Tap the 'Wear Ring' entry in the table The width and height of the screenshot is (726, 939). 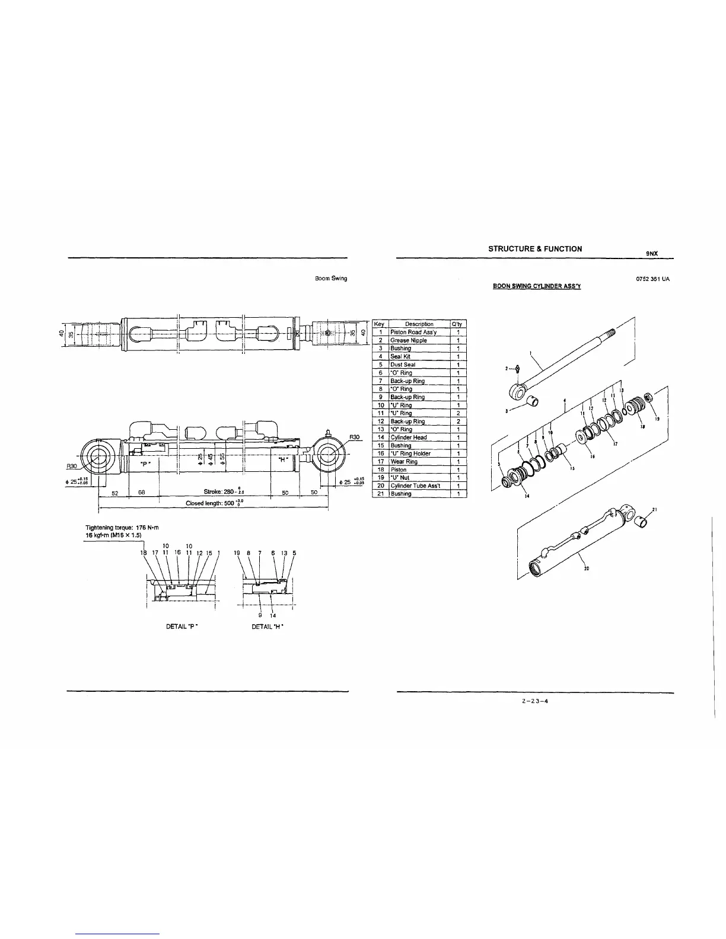(x=404, y=461)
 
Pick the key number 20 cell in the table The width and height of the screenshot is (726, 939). (x=381, y=486)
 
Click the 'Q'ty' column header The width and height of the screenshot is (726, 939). (x=458, y=324)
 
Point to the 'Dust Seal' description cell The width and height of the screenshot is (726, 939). (x=403, y=365)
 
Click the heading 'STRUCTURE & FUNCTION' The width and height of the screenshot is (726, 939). (x=534, y=249)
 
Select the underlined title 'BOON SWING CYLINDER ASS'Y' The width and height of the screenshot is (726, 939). (x=537, y=287)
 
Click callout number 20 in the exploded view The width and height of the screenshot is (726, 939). (x=587, y=568)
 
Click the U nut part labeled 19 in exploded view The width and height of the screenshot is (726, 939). (x=649, y=396)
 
